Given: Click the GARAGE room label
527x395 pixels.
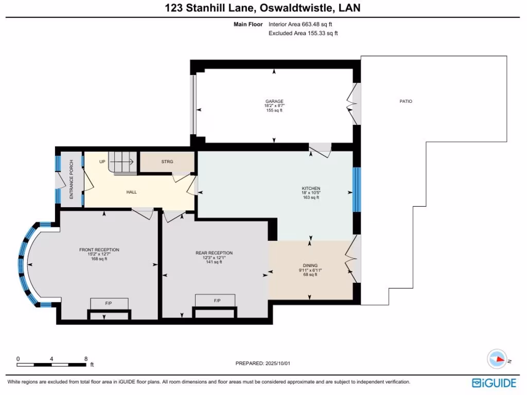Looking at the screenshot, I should pyautogui.click(x=274, y=101).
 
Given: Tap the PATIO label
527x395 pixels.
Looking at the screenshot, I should pyautogui.click(x=406, y=101).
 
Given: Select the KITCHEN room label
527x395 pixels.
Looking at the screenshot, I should pyautogui.click(x=311, y=188).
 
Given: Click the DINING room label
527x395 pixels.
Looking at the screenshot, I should pyautogui.click(x=310, y=265).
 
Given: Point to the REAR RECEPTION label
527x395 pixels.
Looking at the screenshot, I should pyautogui.click(x=214, y=253).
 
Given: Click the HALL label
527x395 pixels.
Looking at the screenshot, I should pyautogui.click(x=131, y=192).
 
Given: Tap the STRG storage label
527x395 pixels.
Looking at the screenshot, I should pyautogui.click(x=167, y=161).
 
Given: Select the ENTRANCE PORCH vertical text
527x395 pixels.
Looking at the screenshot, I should pyautogui.click(x=72, y=179).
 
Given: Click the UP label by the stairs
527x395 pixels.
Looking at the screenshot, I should pyautogui.click(x=102, y=161).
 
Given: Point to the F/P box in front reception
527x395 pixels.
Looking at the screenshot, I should pyautogui.click(x=109, y=303).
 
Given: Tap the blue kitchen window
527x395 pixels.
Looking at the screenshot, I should pyautogui.click(x=356, y=189).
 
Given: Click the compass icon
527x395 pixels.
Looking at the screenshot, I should pyautogui.click(x=497, y=360).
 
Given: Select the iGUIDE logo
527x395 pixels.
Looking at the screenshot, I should pyautogui.click(x=494, y=383).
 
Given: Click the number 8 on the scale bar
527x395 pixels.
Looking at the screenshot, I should pyautogui.click(x=86, y=358).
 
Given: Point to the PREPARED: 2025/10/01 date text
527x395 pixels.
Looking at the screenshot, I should pyautogui.click(x=263, y=363).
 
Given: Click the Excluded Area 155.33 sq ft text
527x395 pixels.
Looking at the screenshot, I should pyautogui.click(x=303, y=33).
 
